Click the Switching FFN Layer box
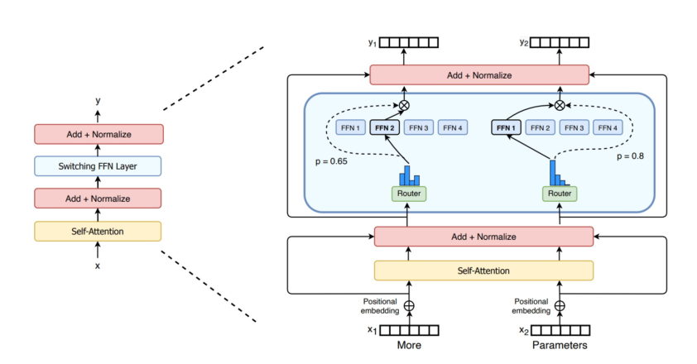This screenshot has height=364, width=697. (x=98, y=165)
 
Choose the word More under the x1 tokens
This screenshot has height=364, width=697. (x=407, y=346)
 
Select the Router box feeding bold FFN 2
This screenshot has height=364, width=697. (x=407, y=194)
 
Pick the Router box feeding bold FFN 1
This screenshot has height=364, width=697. (x=560, y=194)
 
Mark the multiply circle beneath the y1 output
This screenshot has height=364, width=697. (x=404, y=105)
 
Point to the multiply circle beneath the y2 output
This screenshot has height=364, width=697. (x=560, y=105)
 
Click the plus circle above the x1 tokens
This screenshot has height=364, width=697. (x=406, y=305)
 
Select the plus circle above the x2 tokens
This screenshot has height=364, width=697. (x=560, y=305)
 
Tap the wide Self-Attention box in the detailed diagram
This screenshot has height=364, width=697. (x=483, y=271)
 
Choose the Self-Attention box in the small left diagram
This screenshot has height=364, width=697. (x=98, y=231)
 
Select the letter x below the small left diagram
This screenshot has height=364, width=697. (x=98, y=266)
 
